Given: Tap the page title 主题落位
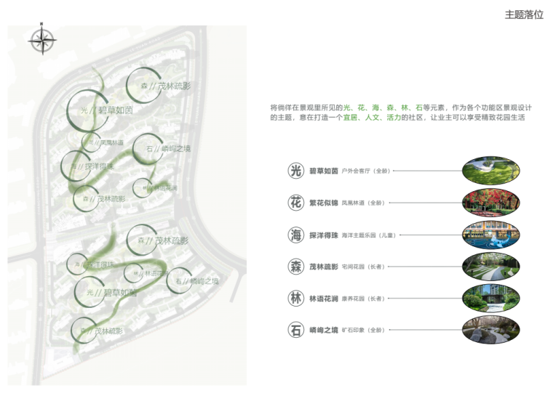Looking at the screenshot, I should click(524, 15).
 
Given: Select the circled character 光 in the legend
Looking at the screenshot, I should click(295, 171).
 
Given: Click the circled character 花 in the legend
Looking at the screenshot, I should click(295, 203).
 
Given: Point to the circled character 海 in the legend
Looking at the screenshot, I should click(295, 235).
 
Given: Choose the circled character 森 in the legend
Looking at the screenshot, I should click(295, 267).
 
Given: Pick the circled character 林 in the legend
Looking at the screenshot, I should click(295, 299).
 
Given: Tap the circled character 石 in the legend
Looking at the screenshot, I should click(295, 331).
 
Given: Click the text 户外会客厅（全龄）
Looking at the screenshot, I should click(363, 172).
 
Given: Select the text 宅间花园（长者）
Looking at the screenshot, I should click(363, 267).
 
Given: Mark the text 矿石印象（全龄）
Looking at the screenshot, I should click(363, 331).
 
